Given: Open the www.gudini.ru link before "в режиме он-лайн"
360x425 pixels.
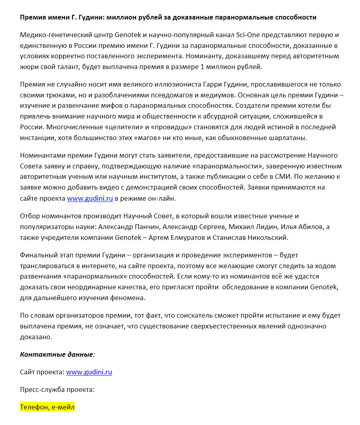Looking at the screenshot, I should tap(90, 198).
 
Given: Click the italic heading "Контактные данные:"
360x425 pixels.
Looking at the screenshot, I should tap(57, 354).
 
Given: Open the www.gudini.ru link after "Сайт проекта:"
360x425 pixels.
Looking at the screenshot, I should tap(89, 372).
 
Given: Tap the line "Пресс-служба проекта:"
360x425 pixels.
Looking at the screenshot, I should tap(57, 389).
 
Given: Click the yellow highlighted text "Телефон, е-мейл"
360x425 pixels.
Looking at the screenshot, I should tap(47, 407).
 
